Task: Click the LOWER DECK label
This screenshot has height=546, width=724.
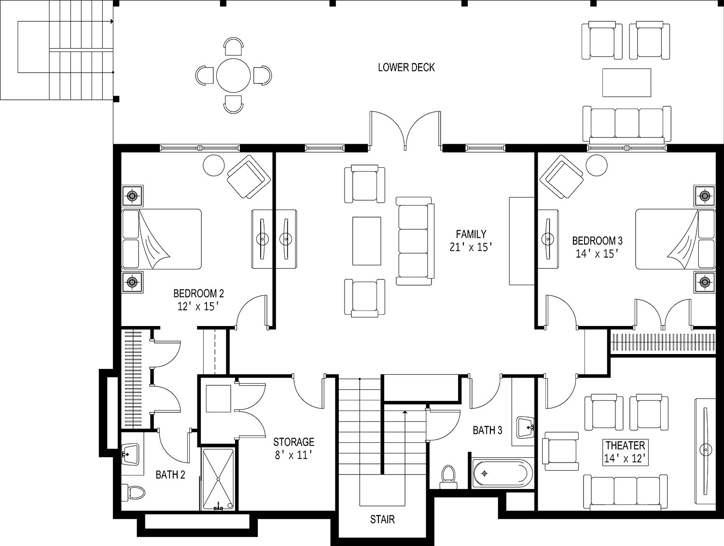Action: click(x=406, y=68)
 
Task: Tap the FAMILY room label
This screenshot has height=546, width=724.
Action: click(x=471, y=235)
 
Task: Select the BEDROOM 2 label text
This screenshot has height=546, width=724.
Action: click(x=198, y=293)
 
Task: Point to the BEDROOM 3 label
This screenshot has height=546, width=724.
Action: click(x=600, y=241)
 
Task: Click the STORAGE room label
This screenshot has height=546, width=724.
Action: click(x=294, y=442)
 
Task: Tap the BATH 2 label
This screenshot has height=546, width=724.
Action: click(x=170, y=475)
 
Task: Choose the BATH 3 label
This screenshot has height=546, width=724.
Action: click(x=489, y=430)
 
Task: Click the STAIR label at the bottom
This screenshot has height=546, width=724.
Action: click(x=382, y=520)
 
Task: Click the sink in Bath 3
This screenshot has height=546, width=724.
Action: click(x=525, y=427)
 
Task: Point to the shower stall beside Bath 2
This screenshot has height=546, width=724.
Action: click(x=218, y=479)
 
